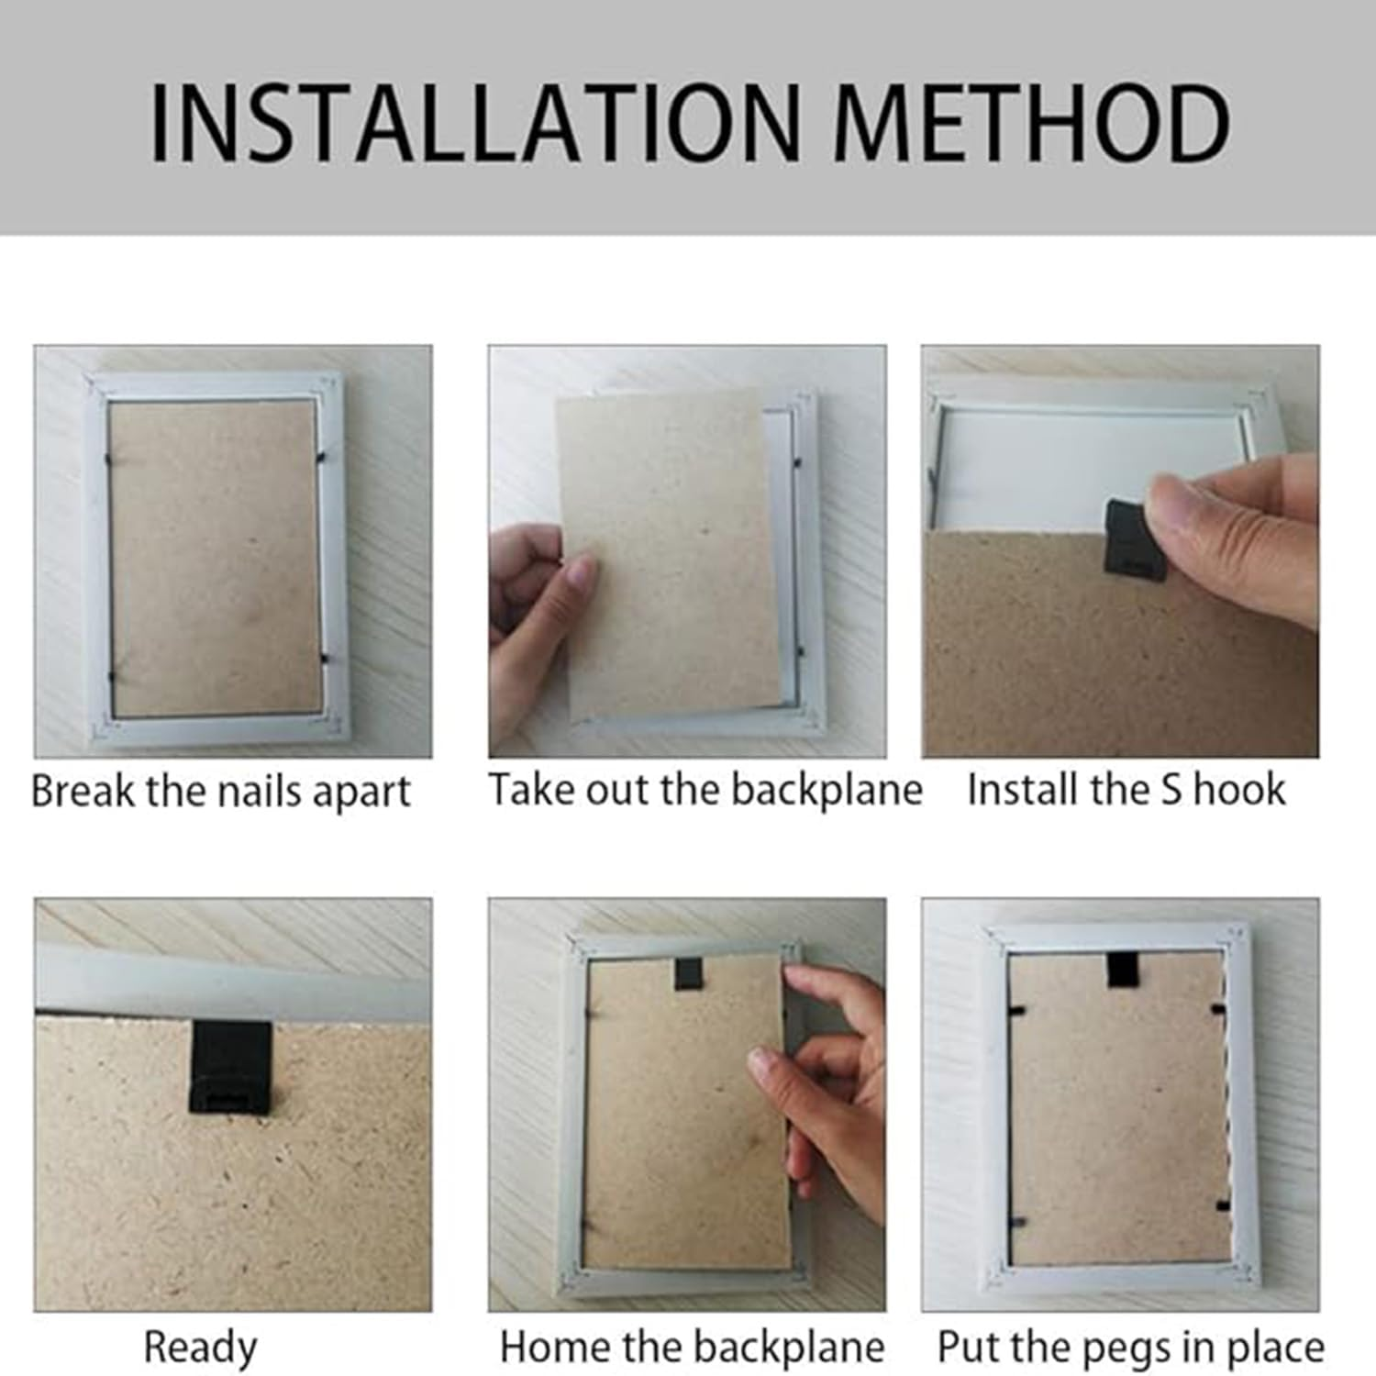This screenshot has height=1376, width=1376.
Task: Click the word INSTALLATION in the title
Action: pyautogui.click(x=476, y=124)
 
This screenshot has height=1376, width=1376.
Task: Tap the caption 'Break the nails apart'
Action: pyautogui.click(x=221, y=791)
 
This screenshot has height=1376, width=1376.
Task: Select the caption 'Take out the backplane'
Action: pyautogui.click(x=705, y=790)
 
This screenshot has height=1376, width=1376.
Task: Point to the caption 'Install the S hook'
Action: pyautogui.click(x=1126, y=789)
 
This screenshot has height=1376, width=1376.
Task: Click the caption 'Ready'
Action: pyautogui.click(x=200, y=1348)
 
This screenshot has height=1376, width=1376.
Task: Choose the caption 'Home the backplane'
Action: pyautogui.click(x=693, y=1347)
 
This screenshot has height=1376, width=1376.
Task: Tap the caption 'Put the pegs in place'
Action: pyautogui.click(x=1131, y=1348)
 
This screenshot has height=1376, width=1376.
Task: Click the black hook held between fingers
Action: pyautogui.click(x=1135, y=541)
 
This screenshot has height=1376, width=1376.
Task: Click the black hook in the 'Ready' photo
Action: pyautogui.click(x=230, y=1067)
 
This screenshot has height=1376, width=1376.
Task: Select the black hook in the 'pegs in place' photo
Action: pyautogui.click(x=1122, y=970)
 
